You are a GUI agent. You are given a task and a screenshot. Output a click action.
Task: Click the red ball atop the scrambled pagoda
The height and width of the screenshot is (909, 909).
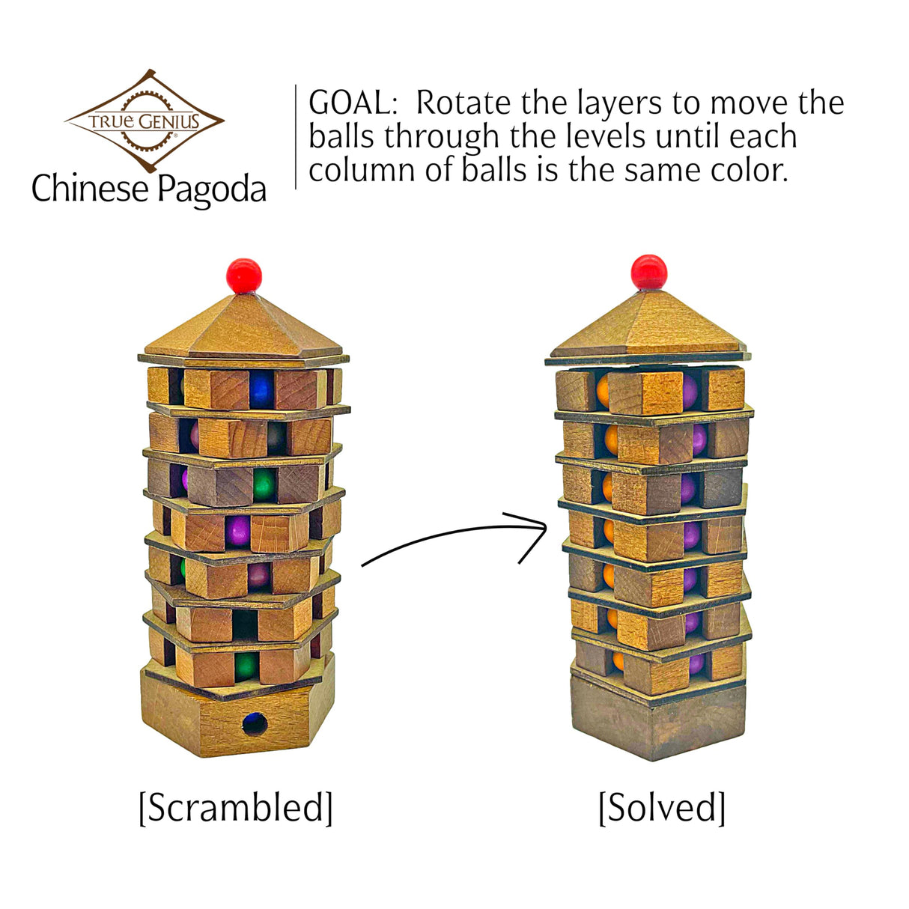[244, 276]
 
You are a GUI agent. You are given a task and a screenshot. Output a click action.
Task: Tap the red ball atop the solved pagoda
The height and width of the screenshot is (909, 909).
[648, 271]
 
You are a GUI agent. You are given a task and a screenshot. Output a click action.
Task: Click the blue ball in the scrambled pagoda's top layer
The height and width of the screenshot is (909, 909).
[261, 390]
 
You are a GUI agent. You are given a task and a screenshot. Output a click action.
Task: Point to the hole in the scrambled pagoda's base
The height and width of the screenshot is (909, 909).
[255, 724]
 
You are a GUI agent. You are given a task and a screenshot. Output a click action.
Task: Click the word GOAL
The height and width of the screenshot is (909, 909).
[353, 103]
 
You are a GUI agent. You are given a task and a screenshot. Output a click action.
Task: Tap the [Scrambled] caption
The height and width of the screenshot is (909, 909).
[236, 808]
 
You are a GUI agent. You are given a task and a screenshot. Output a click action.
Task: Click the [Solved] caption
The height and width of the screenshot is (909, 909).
[662, 808]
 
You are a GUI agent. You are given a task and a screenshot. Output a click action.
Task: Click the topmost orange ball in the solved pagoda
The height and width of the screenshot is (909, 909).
[604, 391]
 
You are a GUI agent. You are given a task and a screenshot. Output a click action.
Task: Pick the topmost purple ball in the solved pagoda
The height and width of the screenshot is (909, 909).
[690, 391]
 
